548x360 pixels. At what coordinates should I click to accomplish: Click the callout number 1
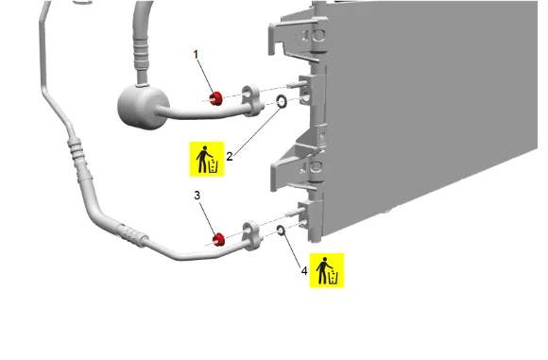(x=196, y=55)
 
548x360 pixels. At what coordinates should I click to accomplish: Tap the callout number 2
(x=230, y=156)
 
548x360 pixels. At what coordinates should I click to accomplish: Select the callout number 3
(x=197, y=196)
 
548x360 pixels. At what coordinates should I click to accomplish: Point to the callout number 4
(x=304, y=271)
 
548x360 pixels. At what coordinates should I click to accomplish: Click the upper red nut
(x=216, y=98)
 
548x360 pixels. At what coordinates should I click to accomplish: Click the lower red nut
(x=219, y=239)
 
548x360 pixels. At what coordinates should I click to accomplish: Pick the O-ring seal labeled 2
(x=282, y=102)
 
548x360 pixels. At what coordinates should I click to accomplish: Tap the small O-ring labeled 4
(x=281, y=230)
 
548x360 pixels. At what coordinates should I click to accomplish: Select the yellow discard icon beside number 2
(x=207, y=159)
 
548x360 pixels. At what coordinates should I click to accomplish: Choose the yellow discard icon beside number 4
(x=327, y=270)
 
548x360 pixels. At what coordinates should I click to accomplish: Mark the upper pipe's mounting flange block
(x=252, y=101)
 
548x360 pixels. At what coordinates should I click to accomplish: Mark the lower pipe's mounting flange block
(x=252, y=236)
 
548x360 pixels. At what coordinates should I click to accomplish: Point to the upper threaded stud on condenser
(x=297, y=85)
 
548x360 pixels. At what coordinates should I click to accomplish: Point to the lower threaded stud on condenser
(x=297, y=212)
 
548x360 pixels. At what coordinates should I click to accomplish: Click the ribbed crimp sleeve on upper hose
(x=141, y=55)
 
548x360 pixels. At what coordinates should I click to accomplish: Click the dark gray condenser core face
(x=430, y=105)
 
